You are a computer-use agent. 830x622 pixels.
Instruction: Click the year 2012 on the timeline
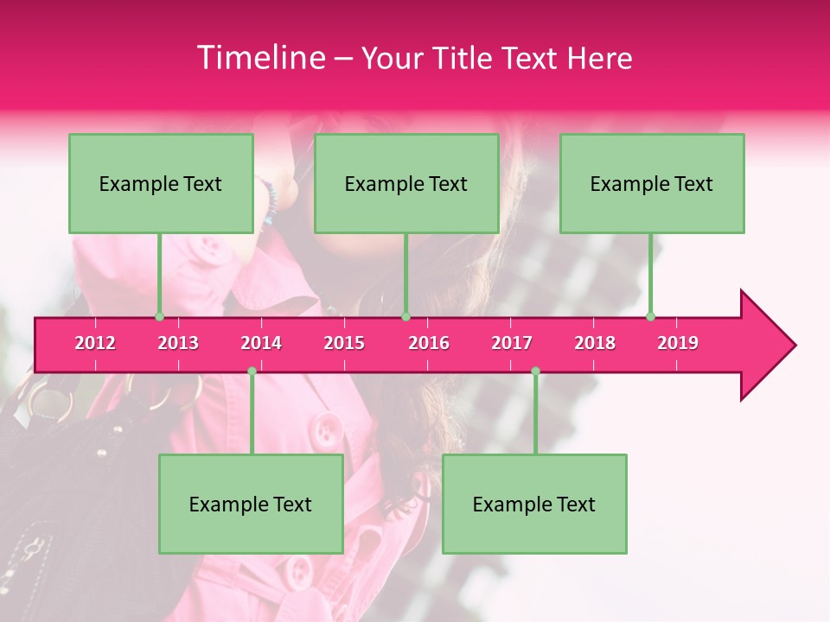[95, 343]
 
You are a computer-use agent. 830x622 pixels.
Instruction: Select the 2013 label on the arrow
[178, 343]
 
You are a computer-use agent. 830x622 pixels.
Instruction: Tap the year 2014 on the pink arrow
[261, 343]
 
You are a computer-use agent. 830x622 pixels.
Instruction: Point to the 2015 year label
[344, 343]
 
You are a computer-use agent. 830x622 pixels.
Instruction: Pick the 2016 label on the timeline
[429, 343]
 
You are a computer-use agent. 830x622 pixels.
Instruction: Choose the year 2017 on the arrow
[512, 343]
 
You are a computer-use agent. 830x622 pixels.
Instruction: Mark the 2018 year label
[595, 343]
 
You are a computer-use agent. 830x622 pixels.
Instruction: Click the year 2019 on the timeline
[678, 343]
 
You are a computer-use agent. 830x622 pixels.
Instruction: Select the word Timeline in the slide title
[259, 58]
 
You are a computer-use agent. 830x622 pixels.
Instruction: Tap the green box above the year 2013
[161, 183]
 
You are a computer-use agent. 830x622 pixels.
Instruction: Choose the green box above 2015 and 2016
[406, 183]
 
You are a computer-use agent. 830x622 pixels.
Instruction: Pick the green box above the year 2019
[652, 183]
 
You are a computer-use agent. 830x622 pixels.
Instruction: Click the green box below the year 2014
[251, 504]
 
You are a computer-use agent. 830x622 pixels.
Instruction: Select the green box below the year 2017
[534, 504]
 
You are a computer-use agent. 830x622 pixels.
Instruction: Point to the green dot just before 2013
[159, 317]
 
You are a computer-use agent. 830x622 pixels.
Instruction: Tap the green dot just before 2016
[405, 317]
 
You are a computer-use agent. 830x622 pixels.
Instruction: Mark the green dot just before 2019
[650, 317]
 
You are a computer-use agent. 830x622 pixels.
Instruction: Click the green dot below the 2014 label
[252, 371]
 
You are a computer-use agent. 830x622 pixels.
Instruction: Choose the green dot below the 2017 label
[535, 371]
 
